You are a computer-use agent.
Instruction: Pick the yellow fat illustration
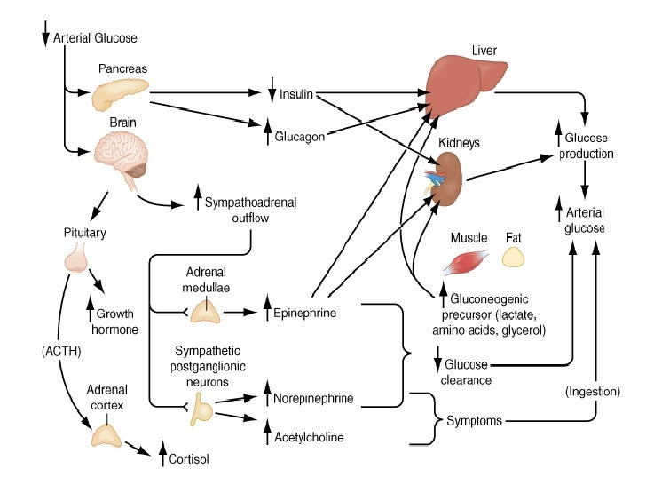pos(514,258)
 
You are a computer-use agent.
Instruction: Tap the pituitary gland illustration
pos(77,258)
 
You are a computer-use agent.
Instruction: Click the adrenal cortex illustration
pos(107,433)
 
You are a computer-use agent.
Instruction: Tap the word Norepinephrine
pos(313,399)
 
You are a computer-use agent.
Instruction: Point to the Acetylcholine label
pos(309,437)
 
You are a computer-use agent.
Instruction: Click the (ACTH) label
pos(60,351)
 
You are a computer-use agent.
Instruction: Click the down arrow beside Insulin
pos(272,92)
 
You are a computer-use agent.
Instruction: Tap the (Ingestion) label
pos(592,391)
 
